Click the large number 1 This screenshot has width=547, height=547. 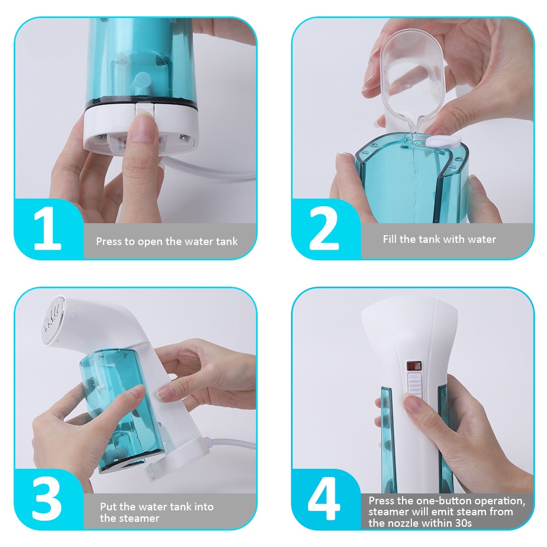coord(48,229)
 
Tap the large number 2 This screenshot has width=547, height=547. coord(324,229)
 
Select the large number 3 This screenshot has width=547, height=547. coord(46,498)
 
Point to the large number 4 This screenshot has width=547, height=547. coord(324,498)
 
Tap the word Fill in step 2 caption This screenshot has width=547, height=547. coord(390,239)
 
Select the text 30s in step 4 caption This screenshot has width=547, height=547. coord(463,523)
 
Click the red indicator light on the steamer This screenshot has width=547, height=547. coord(415,366)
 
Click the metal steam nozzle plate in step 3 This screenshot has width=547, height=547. coord(53,320)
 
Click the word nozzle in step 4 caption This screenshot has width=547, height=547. coord(400,523)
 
